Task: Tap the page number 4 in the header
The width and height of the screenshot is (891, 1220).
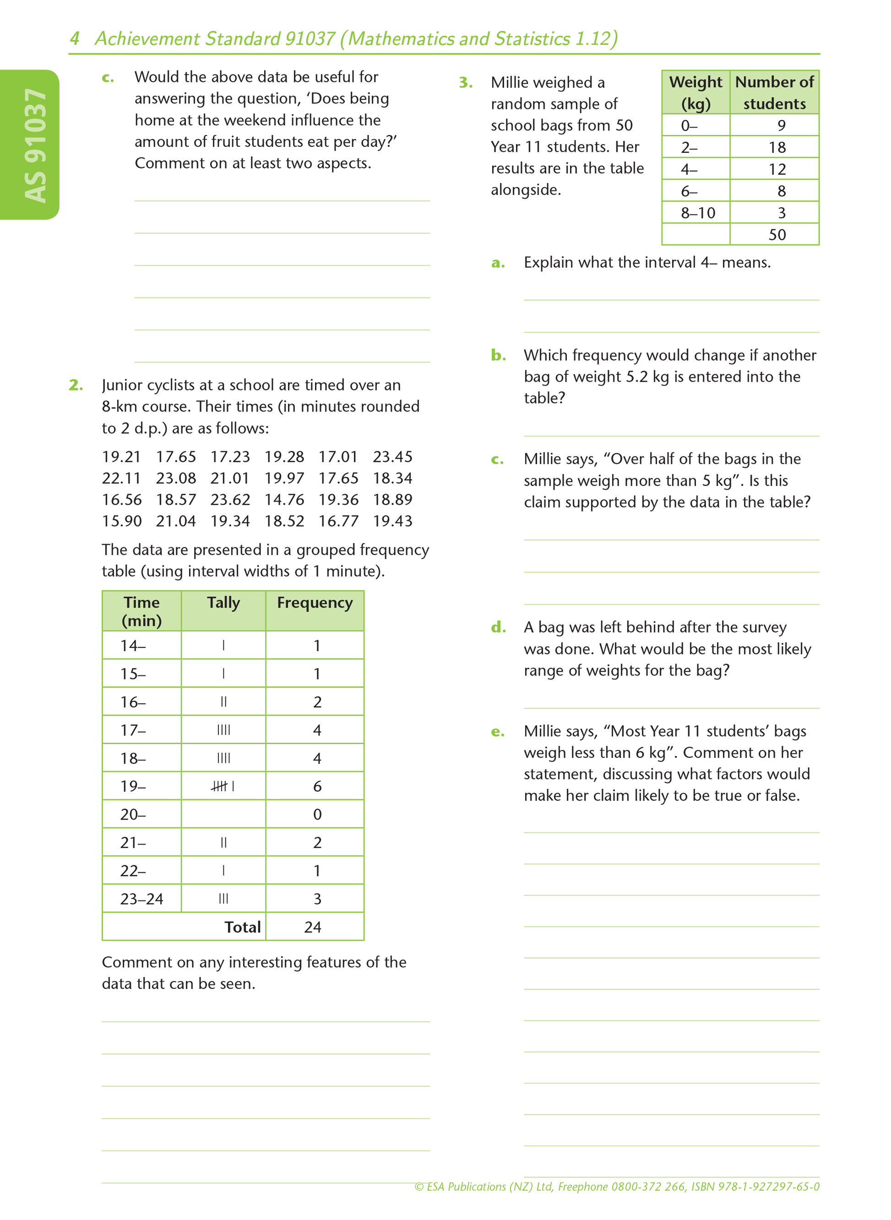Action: [x=75, y=39]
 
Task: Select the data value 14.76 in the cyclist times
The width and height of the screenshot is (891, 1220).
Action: [x=284, y=500]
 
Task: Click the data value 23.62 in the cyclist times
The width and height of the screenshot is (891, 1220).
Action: [x=230, y=500]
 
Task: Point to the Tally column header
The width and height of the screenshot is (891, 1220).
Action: [x=223, y=603]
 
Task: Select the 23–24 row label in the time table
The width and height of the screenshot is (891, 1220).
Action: [x=141, y=899]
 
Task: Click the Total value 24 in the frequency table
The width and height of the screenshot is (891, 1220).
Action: [x=312, y=927]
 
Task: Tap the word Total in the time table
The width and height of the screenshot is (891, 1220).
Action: [x=242, y=927]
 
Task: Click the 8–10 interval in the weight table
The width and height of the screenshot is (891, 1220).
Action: [x=697, y=213]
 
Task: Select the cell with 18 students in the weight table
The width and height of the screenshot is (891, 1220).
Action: [x=777, y=147]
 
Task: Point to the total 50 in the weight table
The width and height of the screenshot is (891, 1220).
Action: [x=777, y=234]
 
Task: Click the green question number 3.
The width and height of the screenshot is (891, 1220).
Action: [x=466, y=82]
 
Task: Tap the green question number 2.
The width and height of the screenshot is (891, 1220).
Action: [x=76, y=385]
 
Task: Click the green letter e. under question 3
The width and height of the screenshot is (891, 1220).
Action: [x=497, y=732]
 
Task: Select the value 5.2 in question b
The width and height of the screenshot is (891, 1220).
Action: [x=636, y=377]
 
